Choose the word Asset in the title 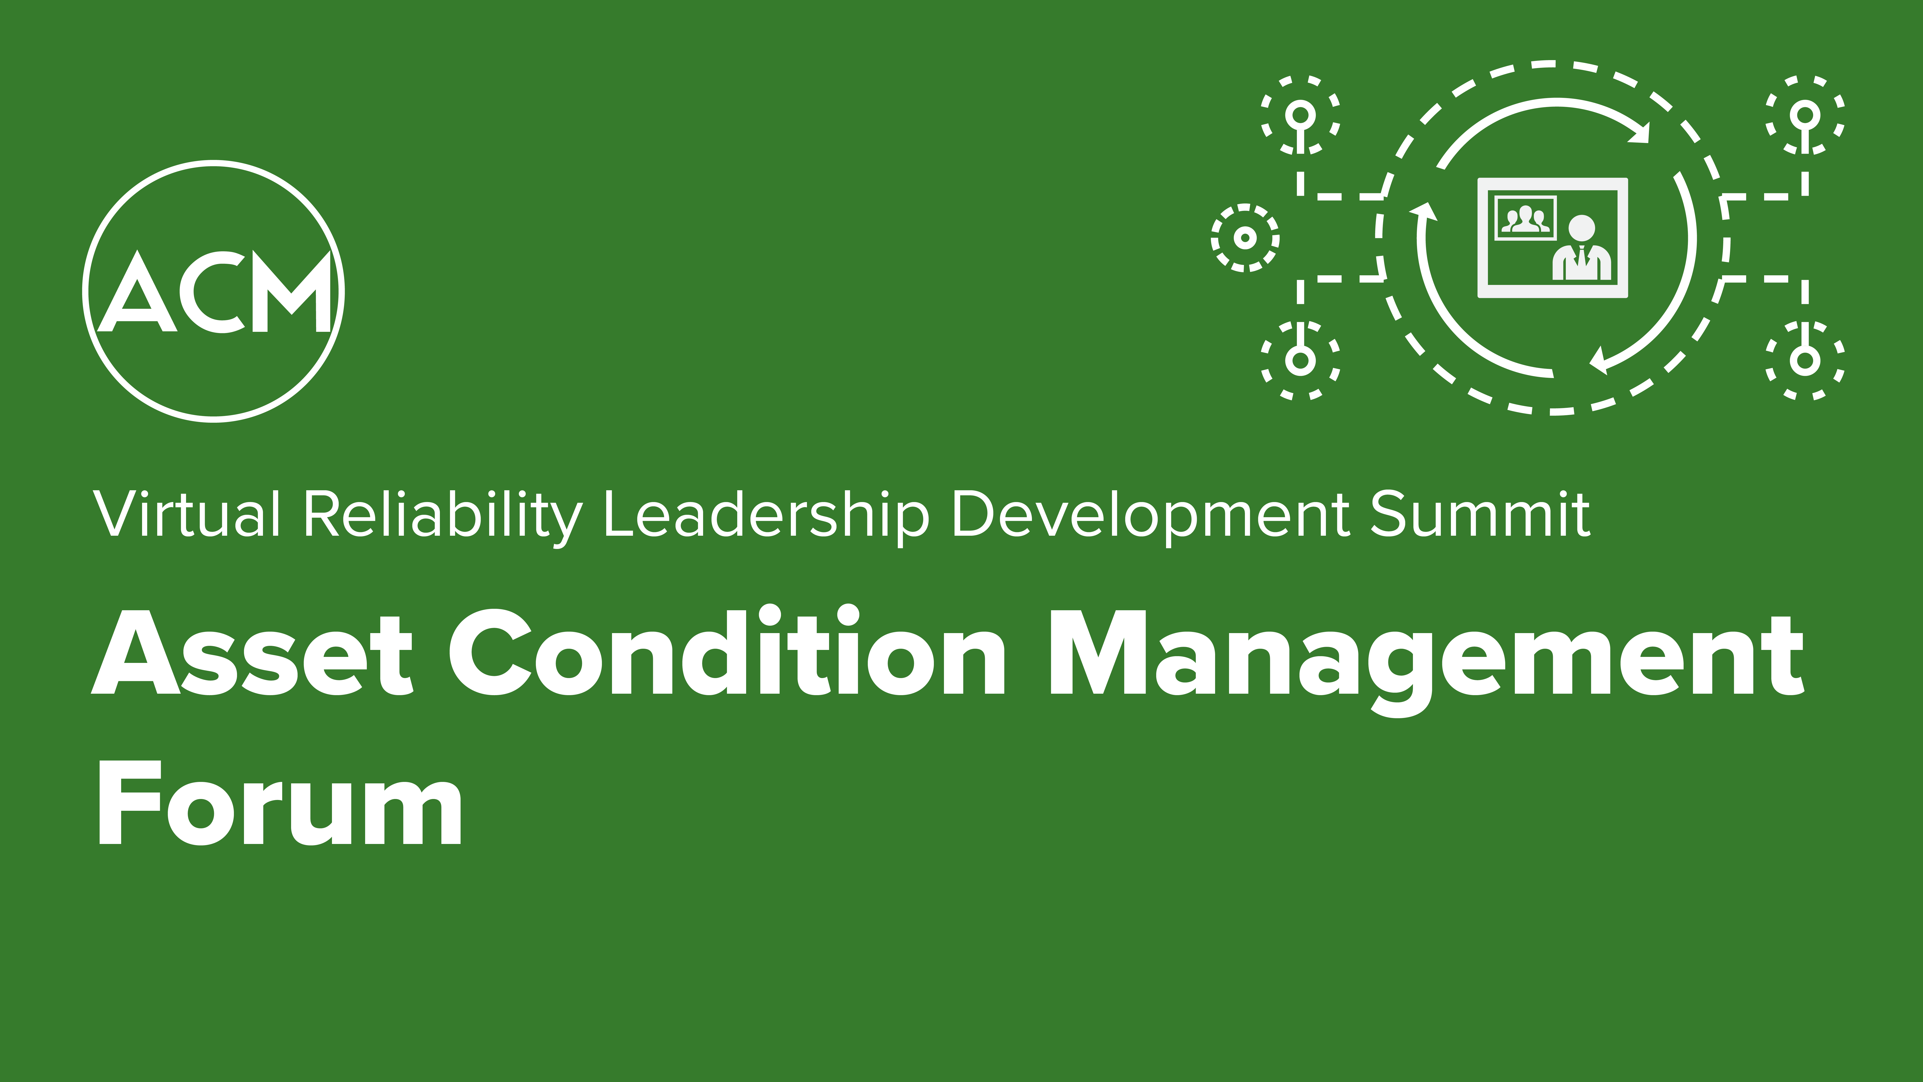click(252, 652)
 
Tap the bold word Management click(1426, 661)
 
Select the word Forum click(280, 803)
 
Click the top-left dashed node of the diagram click(1300, 116)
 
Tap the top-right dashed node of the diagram click(1805, 116)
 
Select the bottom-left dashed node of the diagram click(1300, 360)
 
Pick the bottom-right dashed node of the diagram click(1805, 360)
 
